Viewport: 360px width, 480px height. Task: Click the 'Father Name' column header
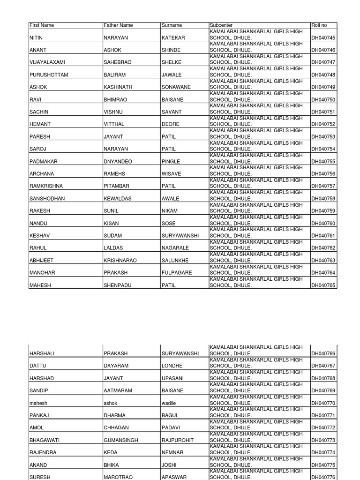pyautogui.click(x=118, y=25)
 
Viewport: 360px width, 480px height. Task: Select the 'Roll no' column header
pyautogui.click(x=319, y=25)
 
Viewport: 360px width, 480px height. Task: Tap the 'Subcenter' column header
pyautogui.click(x=221, y=25)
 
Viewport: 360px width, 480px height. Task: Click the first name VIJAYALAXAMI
pyautogui.click(x=47, y=62)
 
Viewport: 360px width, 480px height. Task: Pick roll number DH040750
pyautogui.click(x=323, y=100)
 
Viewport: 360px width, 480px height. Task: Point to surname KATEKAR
pyautogui.click(x=173, y=37)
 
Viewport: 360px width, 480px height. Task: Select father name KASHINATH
pyautogui.click(x=118, y=87)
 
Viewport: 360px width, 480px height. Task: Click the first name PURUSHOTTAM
pyautogui.click(x=48, y=75)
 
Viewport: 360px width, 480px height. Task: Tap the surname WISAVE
pyautogui.click(x=171, y=174)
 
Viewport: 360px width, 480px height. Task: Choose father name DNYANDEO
pyautogui.click(x=118, y=162)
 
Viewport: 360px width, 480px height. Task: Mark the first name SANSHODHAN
pyautogui.click(x=47, y=199)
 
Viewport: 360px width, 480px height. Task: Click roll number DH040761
pyautogui.click(x=323, y=236)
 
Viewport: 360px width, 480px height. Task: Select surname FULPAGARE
pyautogui.click(x=177, y=273)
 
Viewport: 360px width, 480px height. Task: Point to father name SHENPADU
pyautogui.click(x=118, y=285)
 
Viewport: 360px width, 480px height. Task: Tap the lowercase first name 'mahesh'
pyautogui.click(x=38, y=403)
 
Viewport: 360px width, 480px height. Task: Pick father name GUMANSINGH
pyautogui.click(x=121, y=440)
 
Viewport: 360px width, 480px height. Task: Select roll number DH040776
pyautogui.click(x=323, y=477)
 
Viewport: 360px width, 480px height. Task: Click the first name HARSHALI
pyautogui.click(x=43, y=353)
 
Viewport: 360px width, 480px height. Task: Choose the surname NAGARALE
pyautogui.click(x=175, y=248)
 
